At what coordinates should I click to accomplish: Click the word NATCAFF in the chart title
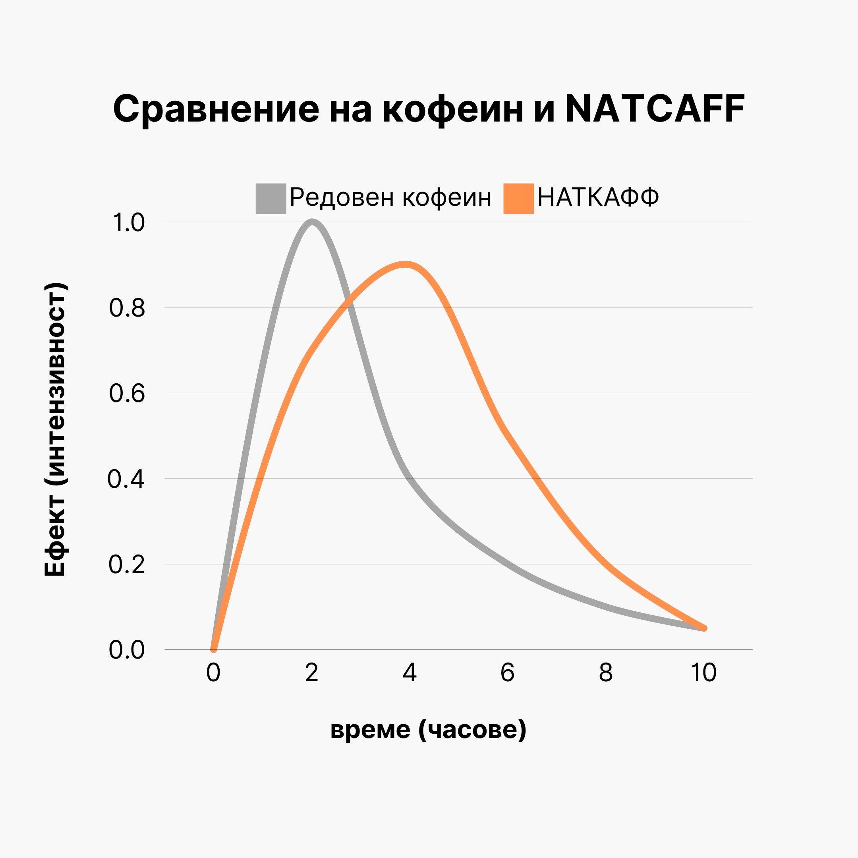[655, 109]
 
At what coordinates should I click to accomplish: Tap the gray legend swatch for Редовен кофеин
[271, 198]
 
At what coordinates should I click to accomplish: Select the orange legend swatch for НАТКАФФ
[518, 198]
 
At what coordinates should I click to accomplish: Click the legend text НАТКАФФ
[598, 197]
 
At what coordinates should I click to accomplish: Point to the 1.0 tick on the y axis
[128, 222]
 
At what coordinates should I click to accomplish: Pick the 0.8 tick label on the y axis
[127, 307]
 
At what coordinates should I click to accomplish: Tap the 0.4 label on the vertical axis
[126, 479]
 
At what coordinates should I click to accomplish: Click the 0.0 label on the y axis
[127, 650]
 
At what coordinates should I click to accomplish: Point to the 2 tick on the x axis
[312, 672]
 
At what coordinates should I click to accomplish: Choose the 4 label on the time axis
[410, 672]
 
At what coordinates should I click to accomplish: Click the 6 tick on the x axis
[507, 672]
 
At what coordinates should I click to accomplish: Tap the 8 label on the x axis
[606, 672]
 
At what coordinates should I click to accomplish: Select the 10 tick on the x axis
[703, 672]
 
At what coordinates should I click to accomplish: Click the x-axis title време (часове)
[428, 729]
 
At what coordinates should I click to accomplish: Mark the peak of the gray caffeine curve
[312, 222]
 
